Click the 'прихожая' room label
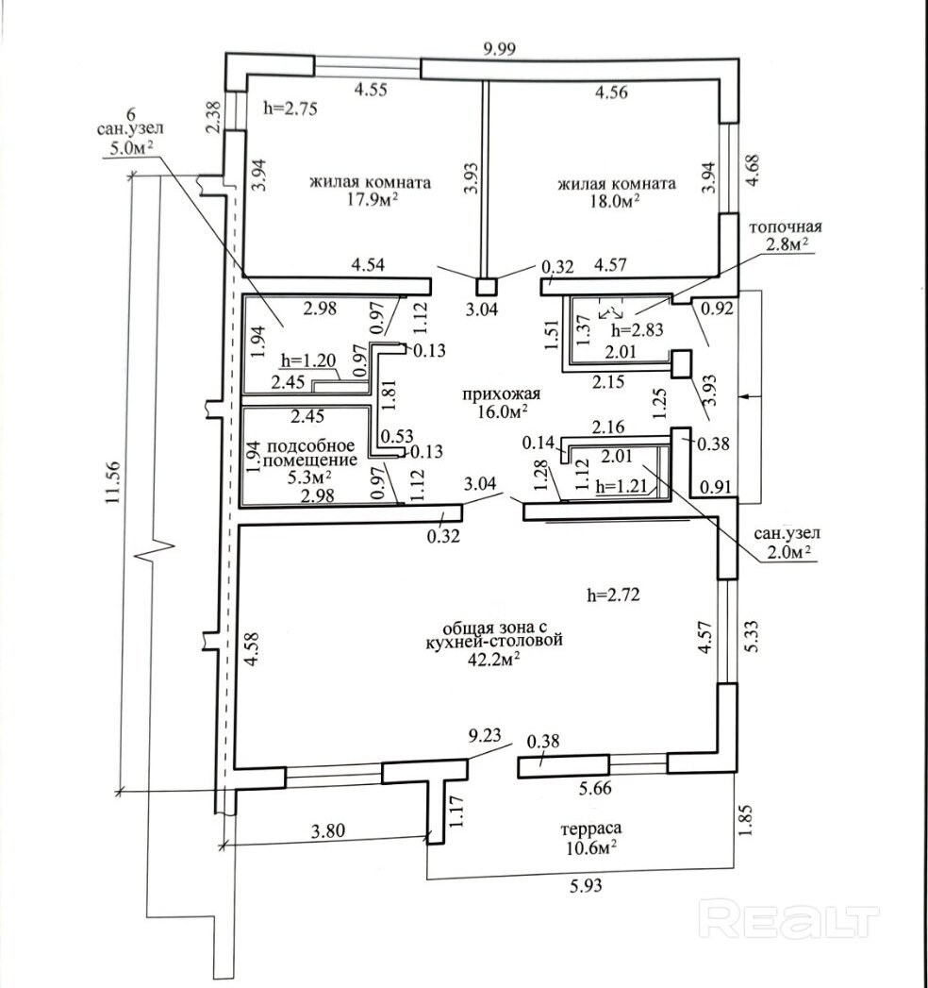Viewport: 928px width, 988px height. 494,394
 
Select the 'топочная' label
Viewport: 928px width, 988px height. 786,227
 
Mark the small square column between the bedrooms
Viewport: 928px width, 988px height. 486,287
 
